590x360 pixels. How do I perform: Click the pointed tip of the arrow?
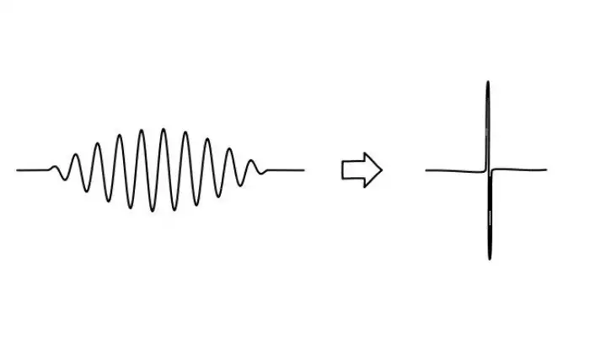[x=381, y=169]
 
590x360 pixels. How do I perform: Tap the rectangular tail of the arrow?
[x=351, y=169]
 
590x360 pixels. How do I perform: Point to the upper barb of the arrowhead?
[x=363, y=154]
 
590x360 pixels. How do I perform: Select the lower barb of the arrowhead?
[x=363, y=185]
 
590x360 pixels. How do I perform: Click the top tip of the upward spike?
[x=487, y=83]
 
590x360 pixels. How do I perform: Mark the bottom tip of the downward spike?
[x=490, y=257]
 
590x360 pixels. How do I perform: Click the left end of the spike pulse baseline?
[x=426, y=170]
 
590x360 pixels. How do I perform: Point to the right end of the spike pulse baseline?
[x=546, y=170]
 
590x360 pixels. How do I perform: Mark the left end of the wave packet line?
[x=17, y=170]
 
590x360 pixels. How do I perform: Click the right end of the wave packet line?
[x=303, y=170]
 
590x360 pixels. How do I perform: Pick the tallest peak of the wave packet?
[x=163, y=131]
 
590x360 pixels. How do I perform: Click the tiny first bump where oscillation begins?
[x=56, y=166]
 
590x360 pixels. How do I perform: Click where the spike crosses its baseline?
[x=489, y=170]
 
